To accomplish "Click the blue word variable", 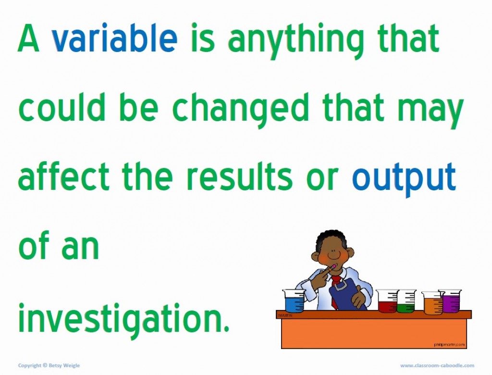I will point(114,39).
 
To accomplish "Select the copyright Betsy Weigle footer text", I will point(49,365).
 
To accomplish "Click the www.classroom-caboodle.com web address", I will point(437,365).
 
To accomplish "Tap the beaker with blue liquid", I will point(294,301).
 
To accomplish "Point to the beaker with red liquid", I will point(387,302).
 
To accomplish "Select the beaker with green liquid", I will point(407,302).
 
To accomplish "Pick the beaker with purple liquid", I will point(451,301).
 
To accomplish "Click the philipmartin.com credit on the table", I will point(449,344).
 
